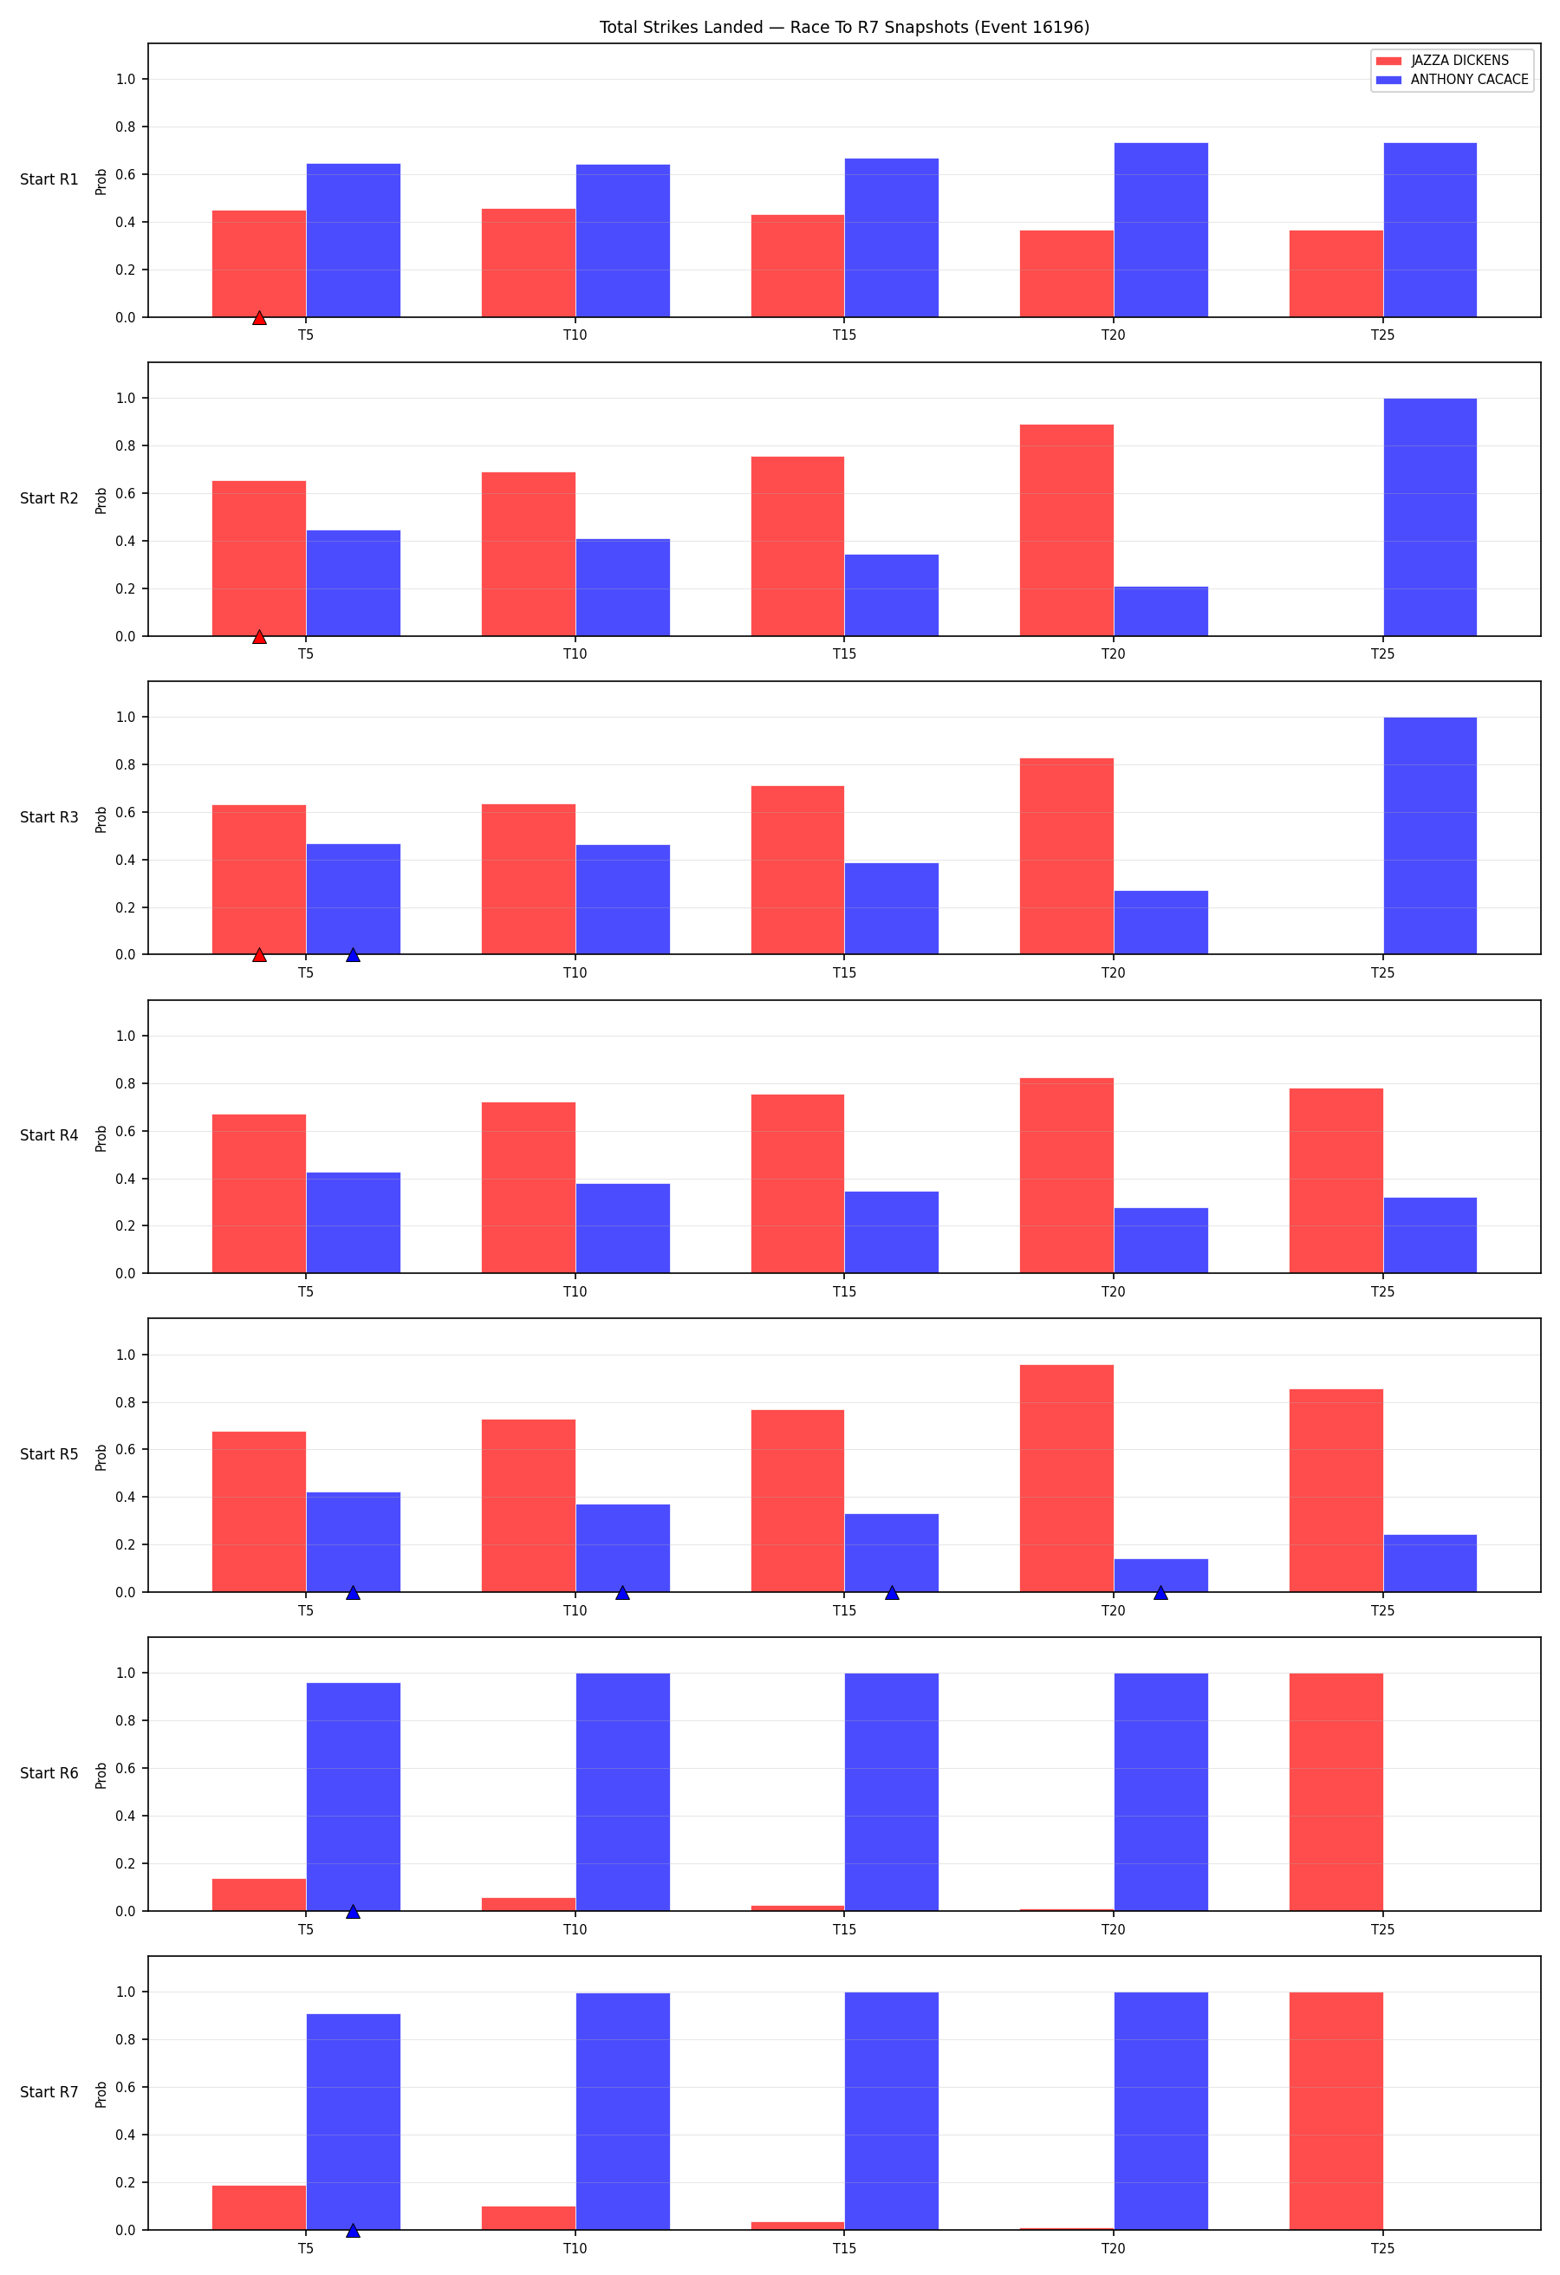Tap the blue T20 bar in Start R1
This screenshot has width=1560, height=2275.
pos(1160,230)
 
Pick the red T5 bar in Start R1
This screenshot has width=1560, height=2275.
pos(259,264)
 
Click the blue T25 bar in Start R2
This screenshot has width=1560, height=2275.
pos(1430,517)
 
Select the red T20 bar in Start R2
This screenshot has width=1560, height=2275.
pos(1067,530)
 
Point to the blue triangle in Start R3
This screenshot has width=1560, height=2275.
pos(354,954)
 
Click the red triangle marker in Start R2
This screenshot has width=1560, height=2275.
pos(259,636)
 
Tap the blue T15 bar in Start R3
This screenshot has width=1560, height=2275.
pos(892,908)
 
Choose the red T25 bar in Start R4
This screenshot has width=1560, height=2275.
pos(1336,1180)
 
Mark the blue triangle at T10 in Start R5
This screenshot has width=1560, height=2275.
pos(622,1593)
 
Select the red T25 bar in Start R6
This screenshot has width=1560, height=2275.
pos(1336,1791)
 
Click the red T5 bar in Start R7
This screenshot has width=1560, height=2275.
pos(259,2207)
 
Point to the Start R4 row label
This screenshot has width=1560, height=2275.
pos(49,1135)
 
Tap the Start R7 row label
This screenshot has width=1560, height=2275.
pos(49,2092)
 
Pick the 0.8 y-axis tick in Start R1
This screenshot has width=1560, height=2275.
pos(126,127)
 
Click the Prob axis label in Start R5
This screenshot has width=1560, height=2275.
pos(101,1458)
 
